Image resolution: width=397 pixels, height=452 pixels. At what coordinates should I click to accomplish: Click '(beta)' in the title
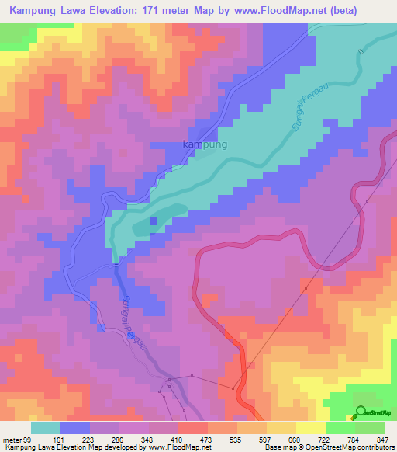click(368, 10)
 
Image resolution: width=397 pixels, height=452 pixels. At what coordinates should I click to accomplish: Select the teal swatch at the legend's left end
click(46, 427)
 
